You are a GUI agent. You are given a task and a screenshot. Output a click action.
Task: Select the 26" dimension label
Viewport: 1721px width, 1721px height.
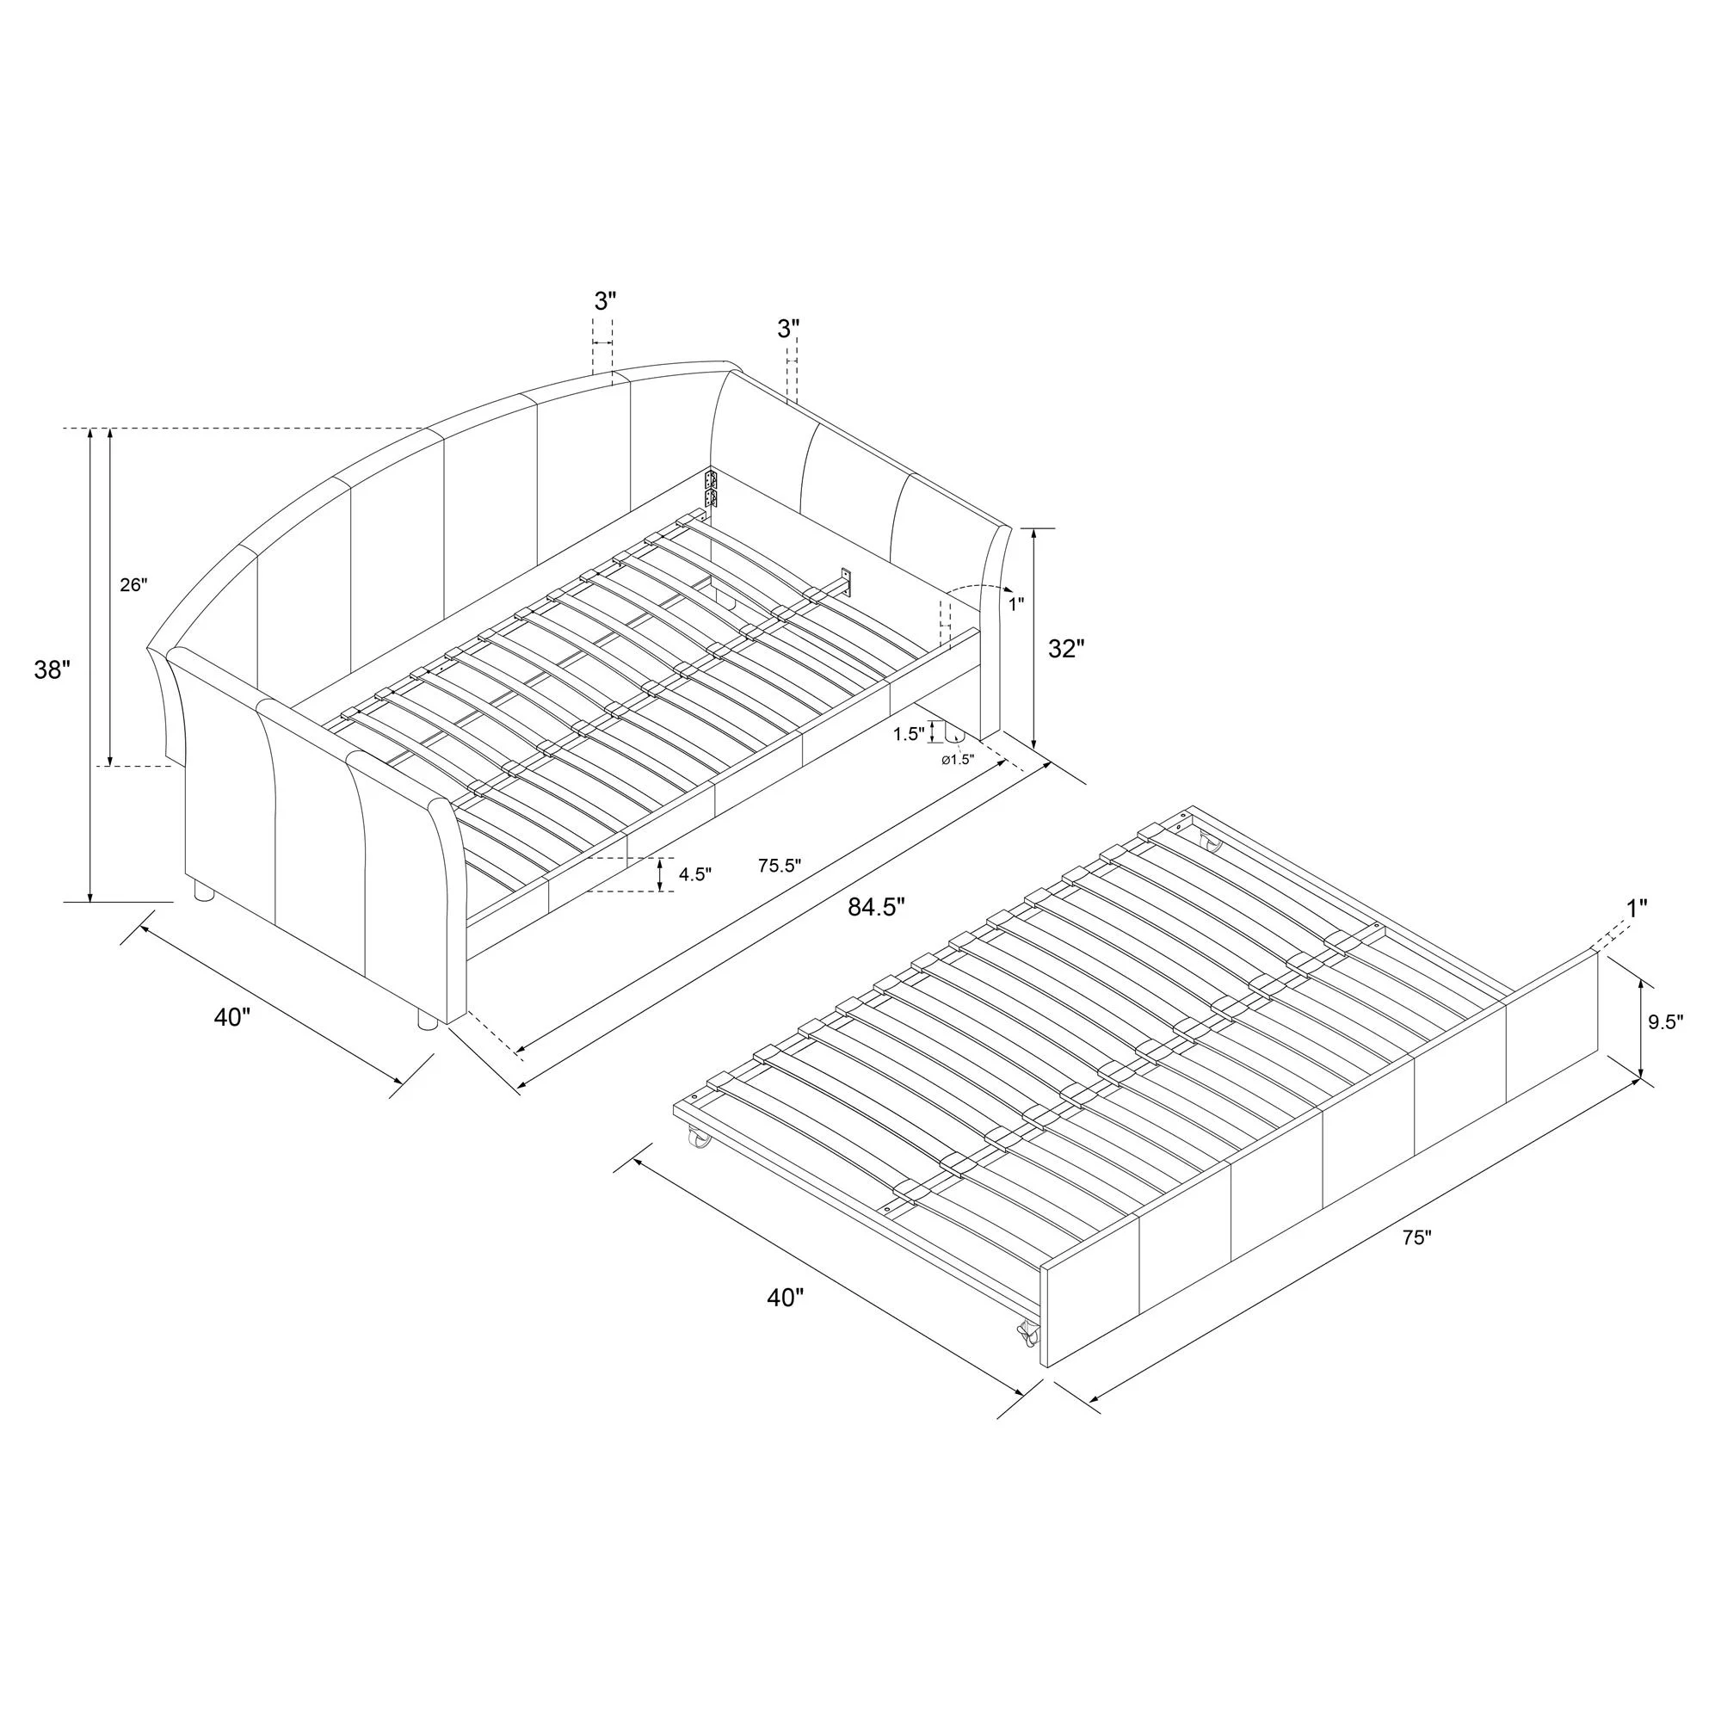pyautogui.click(x=134, y=585)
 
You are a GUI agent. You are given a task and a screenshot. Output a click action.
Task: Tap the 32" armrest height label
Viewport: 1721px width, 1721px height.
pyautogui.click(x=1066, y=649)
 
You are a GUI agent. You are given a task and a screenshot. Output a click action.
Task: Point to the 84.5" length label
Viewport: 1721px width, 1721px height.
pyautogui.click(x=877, y=908)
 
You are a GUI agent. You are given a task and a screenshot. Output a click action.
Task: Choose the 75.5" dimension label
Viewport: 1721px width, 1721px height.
pyautogui.click(x=780, y=865)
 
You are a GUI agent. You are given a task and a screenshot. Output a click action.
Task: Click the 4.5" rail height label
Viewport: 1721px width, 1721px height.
pyautogui.click(x=694, y=874)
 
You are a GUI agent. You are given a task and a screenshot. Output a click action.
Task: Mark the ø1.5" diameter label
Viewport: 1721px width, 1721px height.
pyautogui.click(x=959, y=759)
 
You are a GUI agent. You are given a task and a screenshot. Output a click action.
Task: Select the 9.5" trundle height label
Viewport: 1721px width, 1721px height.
pyautogui.click(x=1665, y=1023)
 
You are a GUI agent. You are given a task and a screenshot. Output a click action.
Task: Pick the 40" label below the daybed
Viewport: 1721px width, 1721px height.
pyautogui.click(x=233, y=1016)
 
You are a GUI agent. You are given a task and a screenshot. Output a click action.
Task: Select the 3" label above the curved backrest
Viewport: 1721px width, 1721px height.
pyautogui.click(x=605, y=301)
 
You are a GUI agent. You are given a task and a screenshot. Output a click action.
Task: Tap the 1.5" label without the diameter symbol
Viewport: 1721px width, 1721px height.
pyautogui.click(x=908, y=734)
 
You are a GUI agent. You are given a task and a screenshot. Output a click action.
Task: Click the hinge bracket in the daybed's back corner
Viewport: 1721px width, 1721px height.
pyautogui.click(x=711, y=490)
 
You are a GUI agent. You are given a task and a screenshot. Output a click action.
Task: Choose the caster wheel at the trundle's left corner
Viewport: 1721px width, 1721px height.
pyautogui.click(x=697, y=1139)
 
